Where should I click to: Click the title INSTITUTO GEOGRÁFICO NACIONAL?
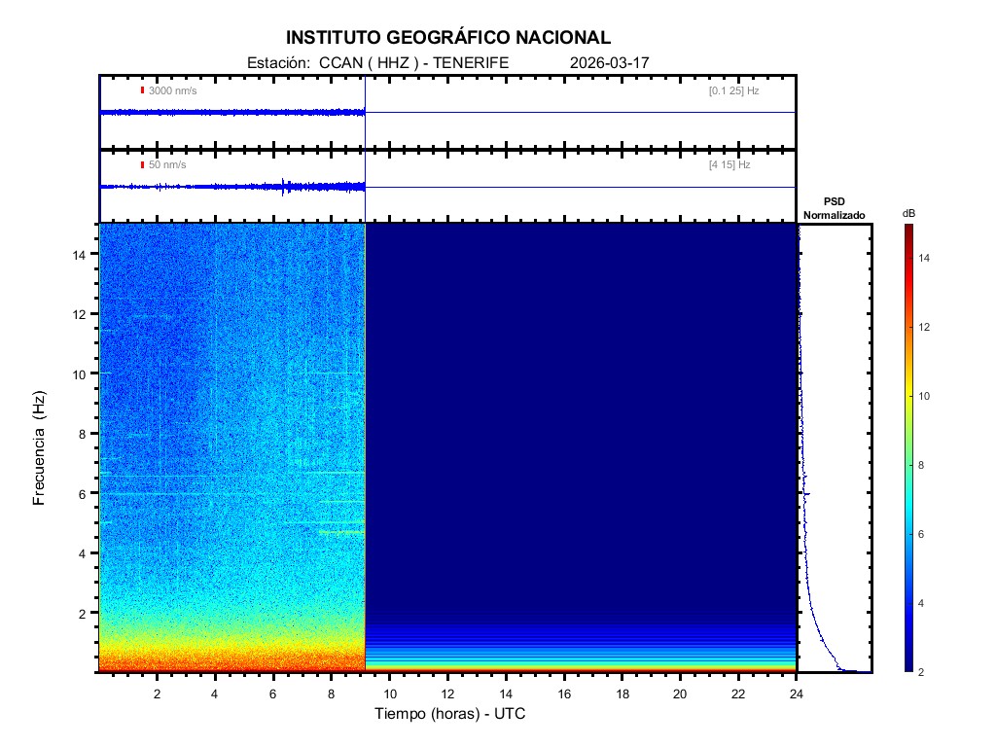(x=448, y=38)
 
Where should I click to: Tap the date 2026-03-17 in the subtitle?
(x=610, y=62)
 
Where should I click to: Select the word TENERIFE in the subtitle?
(x=471, y=62)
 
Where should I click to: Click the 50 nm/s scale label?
(x=167, y=165)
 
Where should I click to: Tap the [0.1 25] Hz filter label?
(x=733, y=90)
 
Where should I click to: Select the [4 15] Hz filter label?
(x=729, y=165)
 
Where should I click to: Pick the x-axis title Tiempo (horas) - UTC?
(x=450, y=714)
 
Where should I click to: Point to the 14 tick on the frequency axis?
(x=82, y=254)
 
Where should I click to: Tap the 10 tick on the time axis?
(x=389, y=693)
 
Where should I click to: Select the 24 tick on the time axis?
(x=797, y=693)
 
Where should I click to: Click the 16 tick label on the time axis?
(x=564, y=693)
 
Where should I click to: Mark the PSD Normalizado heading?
(x=834, y=208)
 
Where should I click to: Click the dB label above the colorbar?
(x=908, y=213)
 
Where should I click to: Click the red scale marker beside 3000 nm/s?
(x=142, y=90)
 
